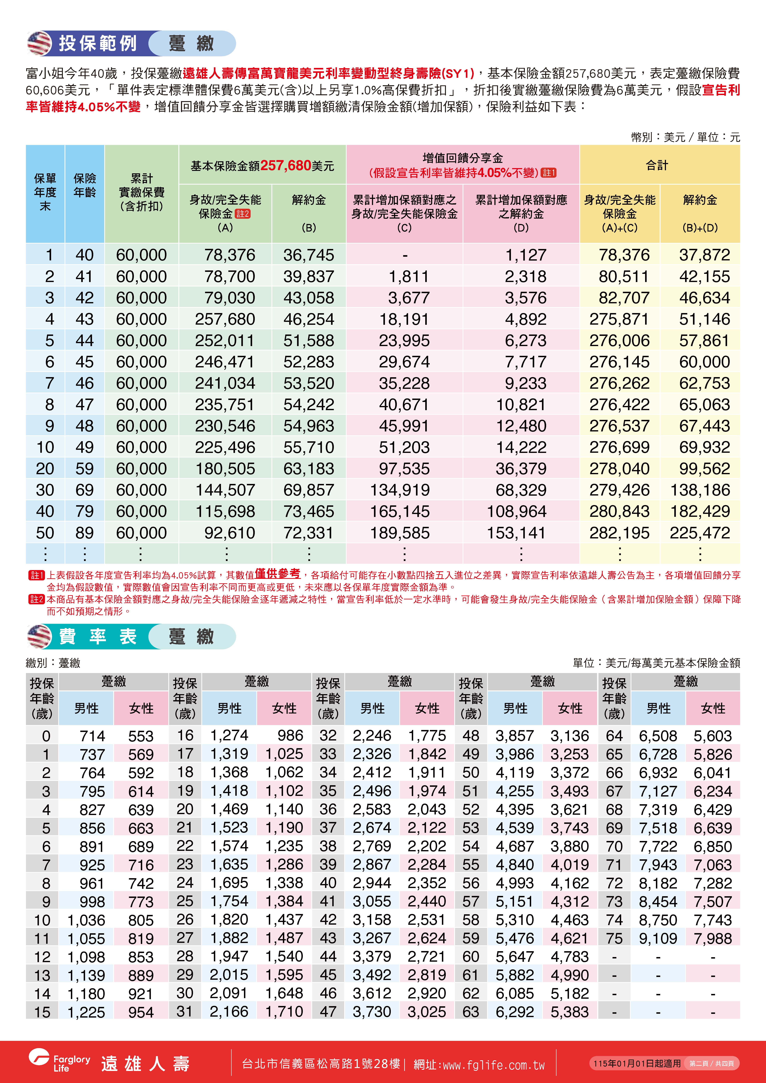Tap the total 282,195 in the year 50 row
click(619, 533)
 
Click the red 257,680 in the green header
click(285, 166)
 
